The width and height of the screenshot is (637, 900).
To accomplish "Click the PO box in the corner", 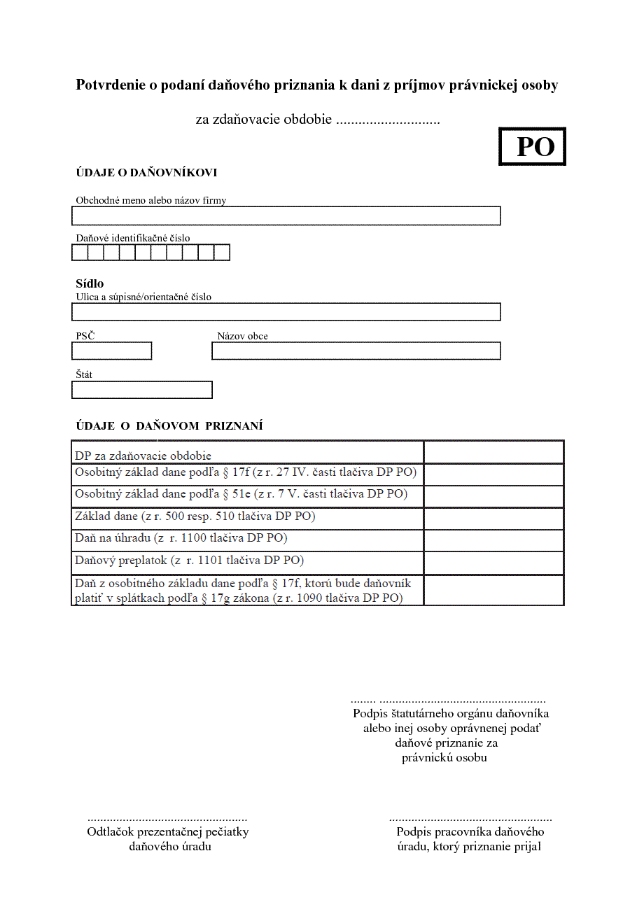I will click(532, 147).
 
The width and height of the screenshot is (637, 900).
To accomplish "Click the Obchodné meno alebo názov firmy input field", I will click(286, 216).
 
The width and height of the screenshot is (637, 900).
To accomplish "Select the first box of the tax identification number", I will click(80, 253).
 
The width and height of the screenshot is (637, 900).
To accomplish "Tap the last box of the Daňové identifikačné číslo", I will click(222, 253).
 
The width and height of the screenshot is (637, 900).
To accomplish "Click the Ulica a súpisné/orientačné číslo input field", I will click(286, 311).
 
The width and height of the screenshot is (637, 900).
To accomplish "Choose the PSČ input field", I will click(112, 351).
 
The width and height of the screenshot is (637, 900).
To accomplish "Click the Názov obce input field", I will click(356, 351).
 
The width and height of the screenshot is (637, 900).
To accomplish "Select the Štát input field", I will click(142, 390).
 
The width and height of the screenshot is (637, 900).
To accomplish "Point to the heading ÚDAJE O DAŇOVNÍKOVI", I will click(146, 173).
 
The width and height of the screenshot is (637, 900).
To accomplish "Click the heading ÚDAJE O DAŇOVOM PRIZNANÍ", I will click(169, 426).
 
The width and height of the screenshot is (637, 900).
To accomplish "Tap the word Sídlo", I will click(90, 283).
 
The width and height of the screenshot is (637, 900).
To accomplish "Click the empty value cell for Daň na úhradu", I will click(493, 540).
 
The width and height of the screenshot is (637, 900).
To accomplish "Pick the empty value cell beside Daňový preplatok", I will click(493, 563).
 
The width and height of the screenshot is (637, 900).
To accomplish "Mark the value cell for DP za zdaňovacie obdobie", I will click(493, 452).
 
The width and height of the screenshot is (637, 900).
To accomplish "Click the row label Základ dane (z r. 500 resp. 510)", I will click(195, 517).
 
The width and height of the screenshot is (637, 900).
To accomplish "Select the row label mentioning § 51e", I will click(241, 494).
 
